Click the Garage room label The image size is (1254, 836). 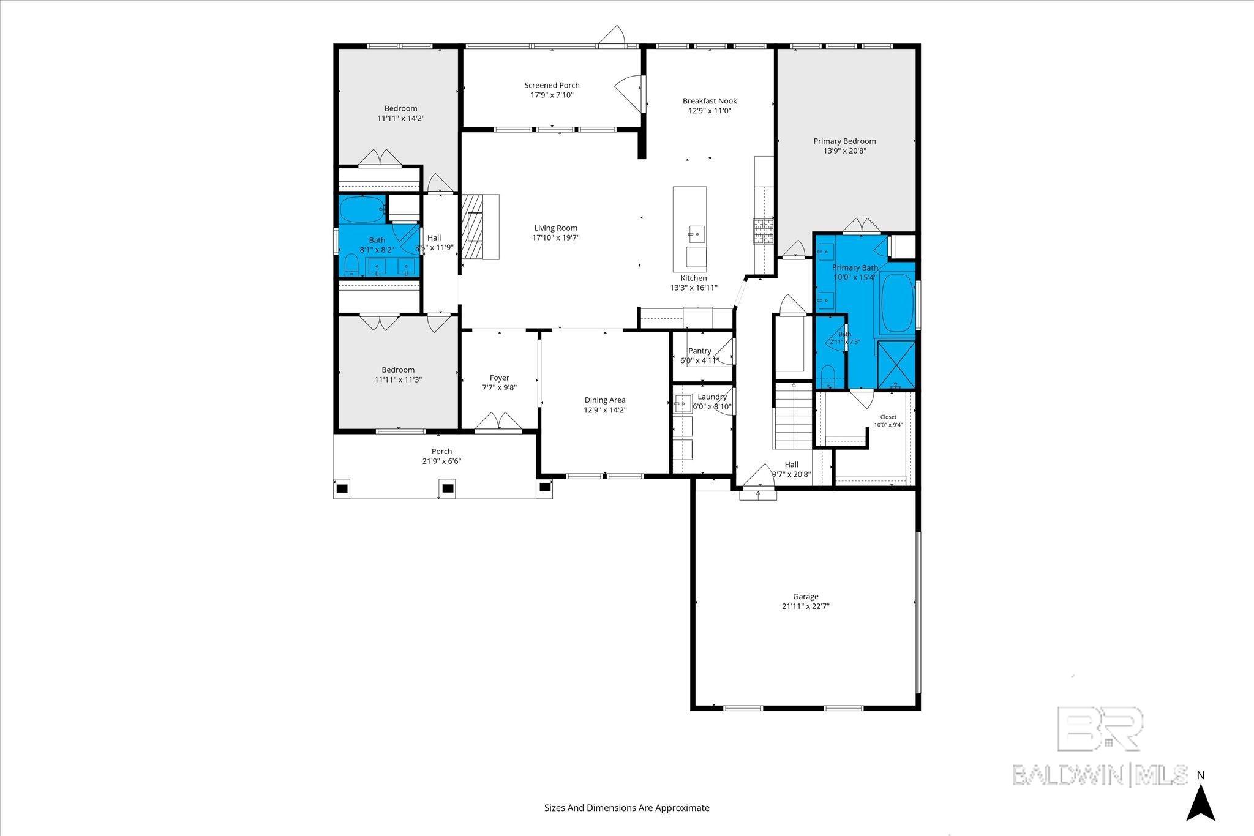click(x=805, y=596)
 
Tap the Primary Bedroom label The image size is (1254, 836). click(x=844, y=141)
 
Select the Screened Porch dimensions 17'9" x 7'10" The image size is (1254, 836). click(x=552, y=95)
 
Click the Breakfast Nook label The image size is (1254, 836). click(x=710, y=101)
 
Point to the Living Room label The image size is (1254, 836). click(x=555, y=228)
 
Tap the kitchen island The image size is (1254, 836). click(x=689, y=229)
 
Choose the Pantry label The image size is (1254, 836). click(x=699, y=351)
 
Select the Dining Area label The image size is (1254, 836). click(x=604, y=400)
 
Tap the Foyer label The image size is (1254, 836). click(x=499, y=378)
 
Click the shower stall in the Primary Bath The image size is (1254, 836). click(x=896, y=365)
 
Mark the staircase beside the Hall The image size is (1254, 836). click(x=793, y=415)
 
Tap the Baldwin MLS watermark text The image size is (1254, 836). click(x=1100, y=775)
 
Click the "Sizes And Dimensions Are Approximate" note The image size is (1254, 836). click(x=627, y=808)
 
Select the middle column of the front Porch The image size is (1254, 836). click(x=448, y=488)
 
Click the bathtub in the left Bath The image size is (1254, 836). click(x=363, y=209)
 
